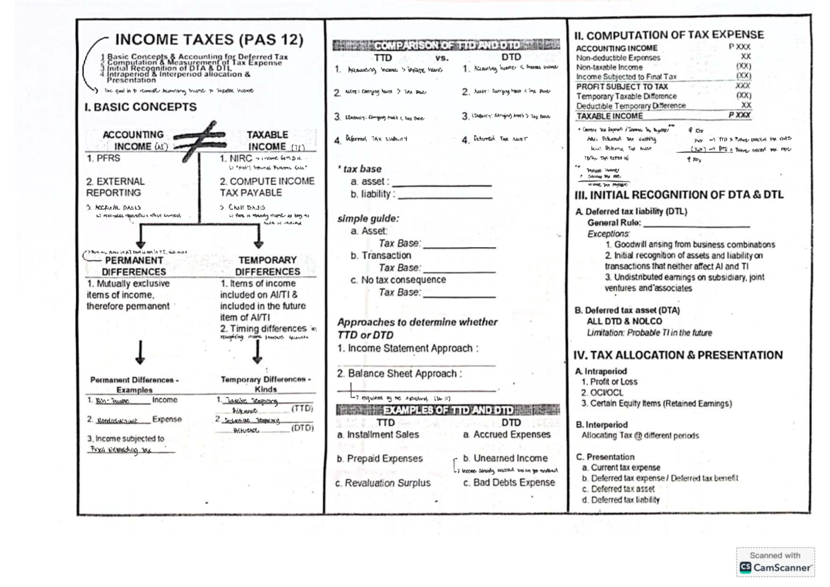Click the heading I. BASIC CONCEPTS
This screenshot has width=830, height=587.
(x=141, y=107)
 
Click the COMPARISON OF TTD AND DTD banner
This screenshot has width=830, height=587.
(x=446, y=46)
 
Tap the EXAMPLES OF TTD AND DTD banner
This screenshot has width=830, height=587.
(x=446, y=410)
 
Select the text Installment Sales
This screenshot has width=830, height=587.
(x=378, y=435)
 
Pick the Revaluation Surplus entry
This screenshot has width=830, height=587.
(x=382, y=483)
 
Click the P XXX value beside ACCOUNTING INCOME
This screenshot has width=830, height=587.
(x=739, y=48)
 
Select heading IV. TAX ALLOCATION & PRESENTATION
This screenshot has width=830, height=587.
(x=679, y=355)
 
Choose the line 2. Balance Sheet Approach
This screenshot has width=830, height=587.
(x=399, y=374)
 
